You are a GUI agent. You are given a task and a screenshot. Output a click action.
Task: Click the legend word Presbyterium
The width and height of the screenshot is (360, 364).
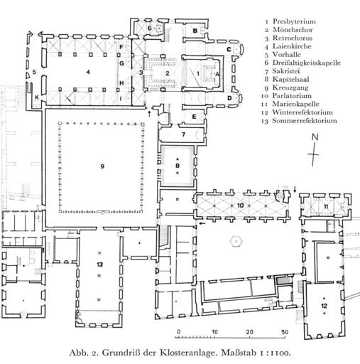(294, 21)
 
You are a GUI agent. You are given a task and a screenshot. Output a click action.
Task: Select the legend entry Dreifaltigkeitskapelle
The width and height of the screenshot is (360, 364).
(307, 63)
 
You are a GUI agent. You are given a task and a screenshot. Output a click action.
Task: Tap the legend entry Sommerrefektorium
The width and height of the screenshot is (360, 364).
(305, 121)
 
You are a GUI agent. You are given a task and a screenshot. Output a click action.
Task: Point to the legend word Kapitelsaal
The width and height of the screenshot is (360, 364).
(291, 79)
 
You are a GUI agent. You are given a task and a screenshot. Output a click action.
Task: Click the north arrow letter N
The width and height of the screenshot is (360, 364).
(315, 137)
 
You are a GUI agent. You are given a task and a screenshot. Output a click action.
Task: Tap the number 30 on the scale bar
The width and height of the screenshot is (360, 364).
(285, 332)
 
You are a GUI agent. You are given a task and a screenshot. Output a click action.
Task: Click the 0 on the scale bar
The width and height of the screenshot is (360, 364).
(179, 332)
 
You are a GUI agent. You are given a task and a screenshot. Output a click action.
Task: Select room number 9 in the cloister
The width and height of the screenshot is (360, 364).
(102, 166)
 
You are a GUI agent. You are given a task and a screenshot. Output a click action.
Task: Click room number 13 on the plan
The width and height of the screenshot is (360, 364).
(99, 264)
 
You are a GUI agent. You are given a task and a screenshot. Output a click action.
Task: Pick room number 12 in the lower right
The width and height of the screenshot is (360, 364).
(324, 306)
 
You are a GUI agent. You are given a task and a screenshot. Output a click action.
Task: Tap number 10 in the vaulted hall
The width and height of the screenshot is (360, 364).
(240, 205)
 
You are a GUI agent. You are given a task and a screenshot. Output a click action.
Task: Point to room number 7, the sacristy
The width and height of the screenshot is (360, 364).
(183, 134)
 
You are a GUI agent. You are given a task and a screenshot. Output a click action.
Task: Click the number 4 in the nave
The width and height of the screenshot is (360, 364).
(88, 72)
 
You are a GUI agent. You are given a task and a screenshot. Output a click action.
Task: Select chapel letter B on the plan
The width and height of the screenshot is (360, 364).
(195, 31)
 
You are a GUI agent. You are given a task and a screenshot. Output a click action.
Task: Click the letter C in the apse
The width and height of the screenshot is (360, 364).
(229, 49)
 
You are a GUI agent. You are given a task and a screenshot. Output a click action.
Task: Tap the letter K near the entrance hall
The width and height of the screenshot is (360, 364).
(37, 97)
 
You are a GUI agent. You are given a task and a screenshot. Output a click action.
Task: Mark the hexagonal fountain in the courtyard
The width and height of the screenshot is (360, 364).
(236, 242)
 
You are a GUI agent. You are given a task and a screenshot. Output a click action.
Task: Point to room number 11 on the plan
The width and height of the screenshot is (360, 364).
(326, 207)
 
